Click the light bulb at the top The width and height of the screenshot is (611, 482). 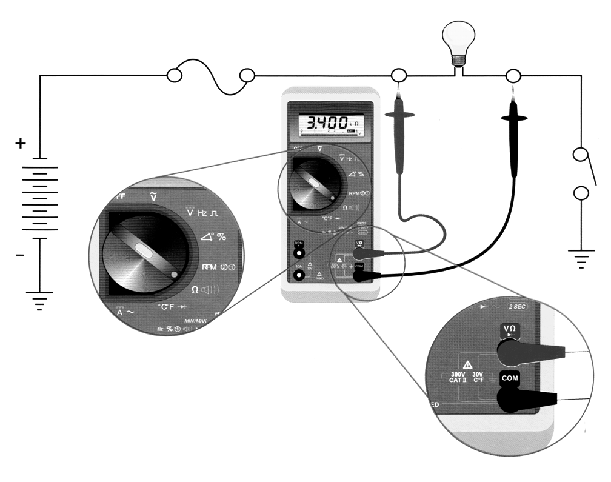click(x=458, y=41)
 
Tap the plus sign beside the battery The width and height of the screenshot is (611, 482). click(x=21, y=144)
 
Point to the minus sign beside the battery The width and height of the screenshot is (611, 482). click(x=20, y=255)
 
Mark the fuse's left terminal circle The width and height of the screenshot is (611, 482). click(x=174, y=75)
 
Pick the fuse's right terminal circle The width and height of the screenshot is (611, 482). click(x=247, y=75)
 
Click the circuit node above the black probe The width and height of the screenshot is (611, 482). click(x=513, y=75)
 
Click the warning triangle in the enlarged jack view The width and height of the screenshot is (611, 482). click(x=467, y=365)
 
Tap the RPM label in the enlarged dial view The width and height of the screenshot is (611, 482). click(x=210, y=267)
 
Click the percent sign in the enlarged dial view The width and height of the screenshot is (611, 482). click(x=221, y=236)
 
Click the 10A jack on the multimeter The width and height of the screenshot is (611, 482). click(x=299, y=276)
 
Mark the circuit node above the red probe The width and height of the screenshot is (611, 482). click(x=398, y=75)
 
